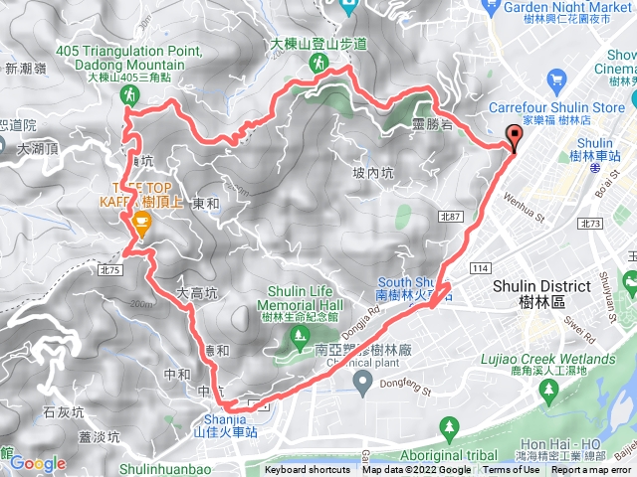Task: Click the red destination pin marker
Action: tap(515, 138)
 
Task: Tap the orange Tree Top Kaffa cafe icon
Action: tap(141, 226)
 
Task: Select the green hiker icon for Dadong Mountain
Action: tap(128, 94)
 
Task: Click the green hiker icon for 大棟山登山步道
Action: tap(318, 63)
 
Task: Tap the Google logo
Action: tap(38, 463)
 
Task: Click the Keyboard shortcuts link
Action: tap(308, 470)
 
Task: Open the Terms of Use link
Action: tap(511, 470)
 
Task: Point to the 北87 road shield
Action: tap(450, 216)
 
